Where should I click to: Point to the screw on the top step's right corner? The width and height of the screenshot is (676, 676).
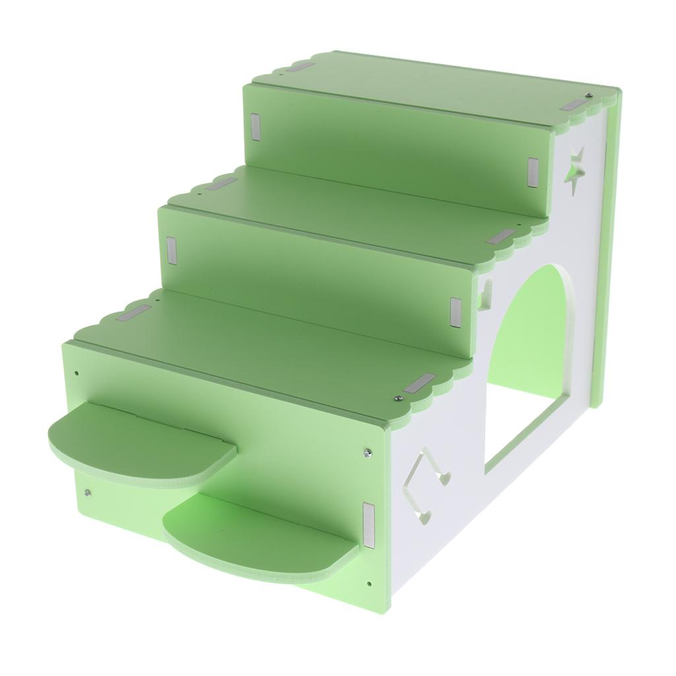pos(587,96)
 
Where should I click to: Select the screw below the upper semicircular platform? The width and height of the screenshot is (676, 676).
pos(88,492)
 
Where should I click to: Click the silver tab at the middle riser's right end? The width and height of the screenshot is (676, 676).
pos(455,310)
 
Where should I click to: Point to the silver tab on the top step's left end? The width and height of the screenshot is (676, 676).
pos(302,67)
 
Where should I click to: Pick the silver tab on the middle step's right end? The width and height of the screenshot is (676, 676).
pos(504,236)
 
